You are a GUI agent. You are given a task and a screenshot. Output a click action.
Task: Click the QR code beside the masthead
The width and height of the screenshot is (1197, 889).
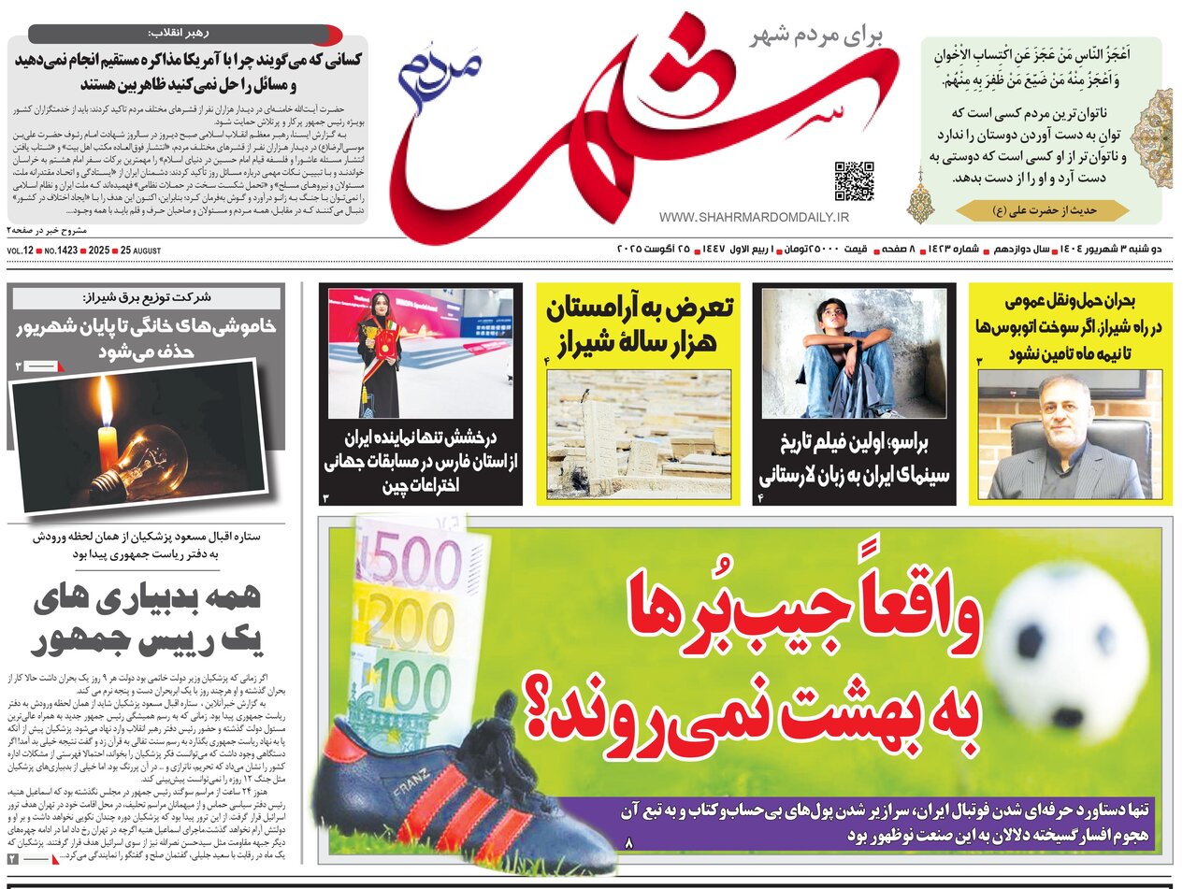point(853,181)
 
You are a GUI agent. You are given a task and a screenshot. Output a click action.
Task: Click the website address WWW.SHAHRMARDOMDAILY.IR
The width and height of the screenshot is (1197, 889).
point(754,217)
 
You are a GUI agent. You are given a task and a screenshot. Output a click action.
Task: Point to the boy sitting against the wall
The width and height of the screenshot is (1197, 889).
point(841,355)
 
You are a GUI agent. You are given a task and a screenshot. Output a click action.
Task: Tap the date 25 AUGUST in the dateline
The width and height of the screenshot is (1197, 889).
point(138,251)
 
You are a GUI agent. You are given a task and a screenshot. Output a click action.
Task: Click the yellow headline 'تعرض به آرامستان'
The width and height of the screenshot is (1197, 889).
point(640,308)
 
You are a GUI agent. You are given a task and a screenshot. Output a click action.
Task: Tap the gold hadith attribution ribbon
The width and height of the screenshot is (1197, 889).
point(1042,210)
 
